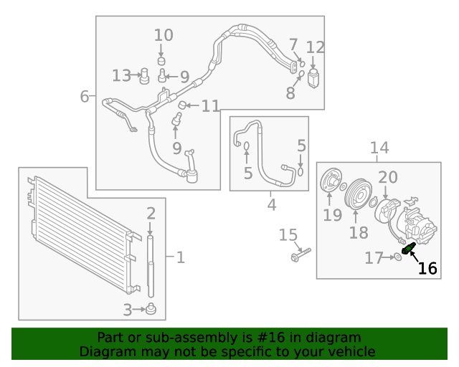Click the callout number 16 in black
coord(427,269)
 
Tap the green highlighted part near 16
coord(410,249)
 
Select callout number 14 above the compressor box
coord(379,148)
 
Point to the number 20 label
coord(387,177)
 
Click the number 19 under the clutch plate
coord(332,215)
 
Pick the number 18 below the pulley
coord(358,232)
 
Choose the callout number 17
coord(374,258)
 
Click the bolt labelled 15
coord(298,254)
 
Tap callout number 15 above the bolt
coord(288,234)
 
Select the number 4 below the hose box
coord(271,205)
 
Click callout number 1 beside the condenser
coord(181,257)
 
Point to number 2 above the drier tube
coord(151,212)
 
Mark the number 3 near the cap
coord(127,310)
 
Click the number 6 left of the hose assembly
coord(85,96)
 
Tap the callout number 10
coord(164,34)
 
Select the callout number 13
coord(122,75)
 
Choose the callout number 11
coord(210,106)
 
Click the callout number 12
coord(316,48)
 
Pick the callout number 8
coord(290,92)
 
